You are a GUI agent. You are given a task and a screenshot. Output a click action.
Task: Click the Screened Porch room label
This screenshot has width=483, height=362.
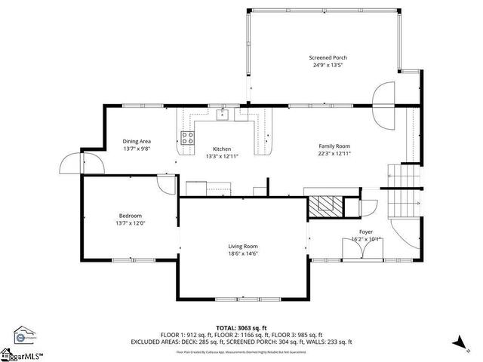point(328,58)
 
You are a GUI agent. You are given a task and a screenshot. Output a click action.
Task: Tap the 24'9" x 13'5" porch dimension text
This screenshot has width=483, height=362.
point(328,66)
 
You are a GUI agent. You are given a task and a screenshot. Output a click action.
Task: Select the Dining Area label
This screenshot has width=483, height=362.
point(137,141)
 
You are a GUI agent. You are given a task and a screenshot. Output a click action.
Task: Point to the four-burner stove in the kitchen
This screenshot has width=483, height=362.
point(187,137)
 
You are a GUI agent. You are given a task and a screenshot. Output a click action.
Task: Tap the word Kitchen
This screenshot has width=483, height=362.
point(221,149)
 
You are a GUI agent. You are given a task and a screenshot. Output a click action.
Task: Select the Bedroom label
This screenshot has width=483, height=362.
point(130,216)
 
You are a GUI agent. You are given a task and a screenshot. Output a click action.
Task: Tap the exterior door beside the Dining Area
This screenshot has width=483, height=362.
point(72,163)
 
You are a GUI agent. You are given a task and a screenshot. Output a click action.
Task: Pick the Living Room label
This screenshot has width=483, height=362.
point(244,246)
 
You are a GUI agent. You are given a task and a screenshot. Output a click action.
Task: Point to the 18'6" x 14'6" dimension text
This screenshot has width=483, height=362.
point(244,253)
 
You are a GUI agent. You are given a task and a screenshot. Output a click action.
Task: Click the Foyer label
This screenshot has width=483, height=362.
point(366,232)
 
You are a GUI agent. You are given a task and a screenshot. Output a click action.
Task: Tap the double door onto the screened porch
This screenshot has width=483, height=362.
point(385,106)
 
